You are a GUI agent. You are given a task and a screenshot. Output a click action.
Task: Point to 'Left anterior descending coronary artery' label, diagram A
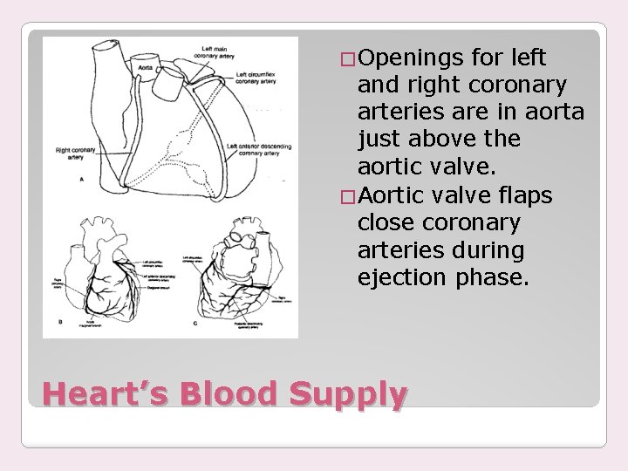coord(258,149)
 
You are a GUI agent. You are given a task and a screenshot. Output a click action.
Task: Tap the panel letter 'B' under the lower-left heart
coord(58,322)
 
